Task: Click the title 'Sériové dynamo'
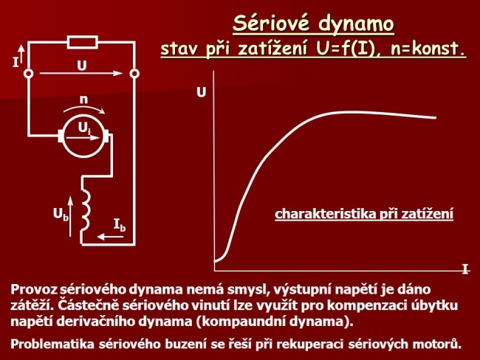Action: (314, 24)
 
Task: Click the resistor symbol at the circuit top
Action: (81, 42)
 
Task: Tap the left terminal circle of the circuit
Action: (28, 75)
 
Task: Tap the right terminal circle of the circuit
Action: (134, 75)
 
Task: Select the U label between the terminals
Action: (81, 65)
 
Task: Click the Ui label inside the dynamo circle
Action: (85, 129)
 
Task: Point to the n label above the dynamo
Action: (85, 98)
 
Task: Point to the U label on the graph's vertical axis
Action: (201, 93)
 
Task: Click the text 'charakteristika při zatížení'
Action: (364, 214)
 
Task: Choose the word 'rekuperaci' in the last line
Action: (336, 344)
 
